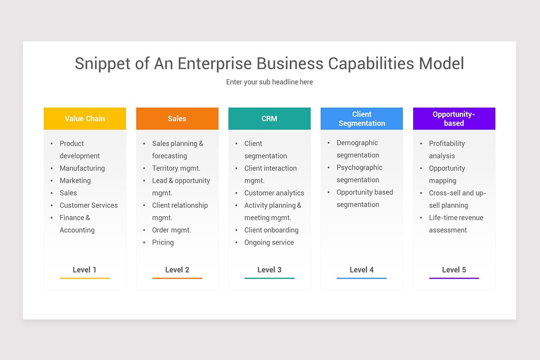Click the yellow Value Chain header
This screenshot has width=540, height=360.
[85, 119]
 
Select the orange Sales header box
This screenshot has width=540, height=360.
[177, 119]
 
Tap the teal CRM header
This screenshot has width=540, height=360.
[269, 119]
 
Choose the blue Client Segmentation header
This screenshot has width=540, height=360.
[362, 119]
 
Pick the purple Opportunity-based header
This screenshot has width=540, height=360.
[454, 119]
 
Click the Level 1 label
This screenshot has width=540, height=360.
[85, 270]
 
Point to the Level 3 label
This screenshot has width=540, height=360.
[269, 270]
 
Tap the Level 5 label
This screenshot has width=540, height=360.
[454, 270]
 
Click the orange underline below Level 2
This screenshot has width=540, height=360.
[177, 278]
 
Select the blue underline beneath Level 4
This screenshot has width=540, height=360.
[362, 278]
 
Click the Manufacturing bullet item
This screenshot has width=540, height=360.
[82, 168]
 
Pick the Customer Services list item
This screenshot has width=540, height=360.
[88, 205]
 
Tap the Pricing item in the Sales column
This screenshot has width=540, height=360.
[162, 243]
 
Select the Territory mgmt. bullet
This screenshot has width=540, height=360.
[176, 168]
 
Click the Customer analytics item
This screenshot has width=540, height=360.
[274, 193]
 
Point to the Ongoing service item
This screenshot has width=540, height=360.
[269, 243]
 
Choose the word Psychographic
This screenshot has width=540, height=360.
[360, 168]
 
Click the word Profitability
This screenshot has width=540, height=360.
[447, 144]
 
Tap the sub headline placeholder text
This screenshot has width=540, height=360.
[269, 82]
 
